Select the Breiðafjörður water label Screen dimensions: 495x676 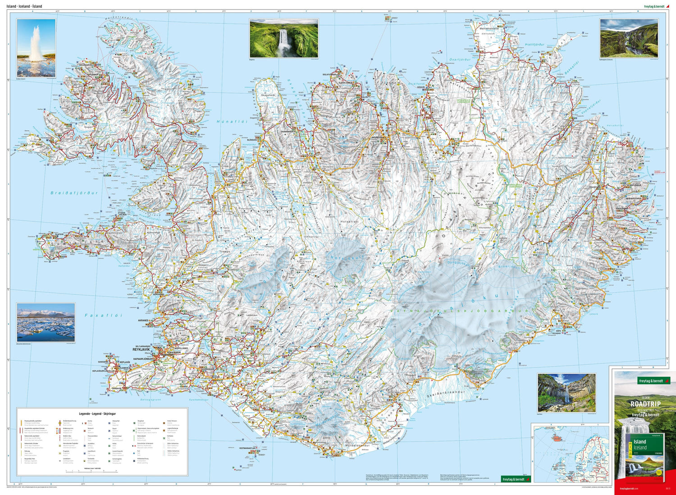74,193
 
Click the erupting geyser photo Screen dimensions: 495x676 36,48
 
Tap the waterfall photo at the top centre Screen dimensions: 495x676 283,38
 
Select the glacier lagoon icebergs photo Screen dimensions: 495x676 46,322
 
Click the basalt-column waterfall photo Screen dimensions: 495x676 566,393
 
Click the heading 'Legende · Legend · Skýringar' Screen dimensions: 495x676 97,413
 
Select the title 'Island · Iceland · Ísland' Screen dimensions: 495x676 24,6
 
